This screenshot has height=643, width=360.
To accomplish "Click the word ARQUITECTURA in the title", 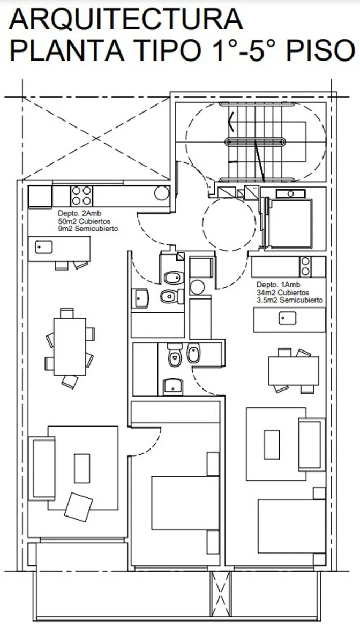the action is [x=126, y=19].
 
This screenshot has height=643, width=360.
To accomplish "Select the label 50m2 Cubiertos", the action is [x=84, y=221].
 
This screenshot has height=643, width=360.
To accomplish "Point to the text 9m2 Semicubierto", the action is [x=88, y=229].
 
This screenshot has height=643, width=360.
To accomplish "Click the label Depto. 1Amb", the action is [x=278, y=285].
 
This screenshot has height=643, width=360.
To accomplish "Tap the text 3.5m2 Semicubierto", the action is [x=289, y=300].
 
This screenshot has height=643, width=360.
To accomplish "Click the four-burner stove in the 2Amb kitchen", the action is [x=81, y=196].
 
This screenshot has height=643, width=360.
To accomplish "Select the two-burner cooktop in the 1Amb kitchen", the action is [x=305, y=266].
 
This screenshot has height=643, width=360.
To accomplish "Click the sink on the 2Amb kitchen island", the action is [x=43, y=247].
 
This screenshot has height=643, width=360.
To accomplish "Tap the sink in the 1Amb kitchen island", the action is [x=287, y=318].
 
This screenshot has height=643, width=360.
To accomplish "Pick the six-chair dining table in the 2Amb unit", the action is [x=70, y=347].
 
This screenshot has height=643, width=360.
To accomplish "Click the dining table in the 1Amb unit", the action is [x=294, y=371].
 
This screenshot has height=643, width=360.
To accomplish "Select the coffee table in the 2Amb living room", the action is [x=82, y=468].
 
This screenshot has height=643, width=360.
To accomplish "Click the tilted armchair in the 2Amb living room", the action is [x=78, y=507].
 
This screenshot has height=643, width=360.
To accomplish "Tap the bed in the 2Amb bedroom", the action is [x=185, y=503].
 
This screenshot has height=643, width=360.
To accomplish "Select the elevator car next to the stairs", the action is [x=290, y=224].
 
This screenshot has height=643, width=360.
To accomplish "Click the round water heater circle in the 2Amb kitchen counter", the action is [x=162, y=193].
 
